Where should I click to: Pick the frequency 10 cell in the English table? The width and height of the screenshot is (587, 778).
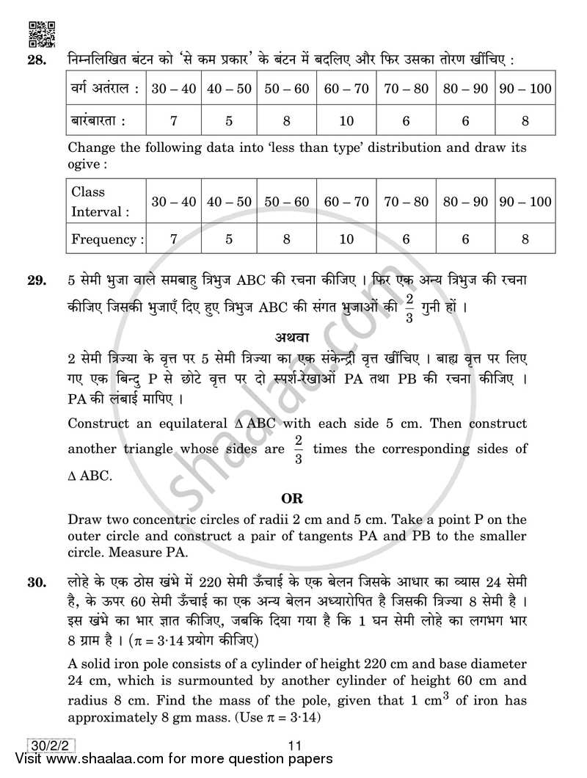pos(346,239)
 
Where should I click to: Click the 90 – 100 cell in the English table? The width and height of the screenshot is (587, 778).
pos(525,202)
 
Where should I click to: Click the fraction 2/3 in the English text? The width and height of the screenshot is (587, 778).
pos(298,448)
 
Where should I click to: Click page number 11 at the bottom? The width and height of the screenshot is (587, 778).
pos(294,745)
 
